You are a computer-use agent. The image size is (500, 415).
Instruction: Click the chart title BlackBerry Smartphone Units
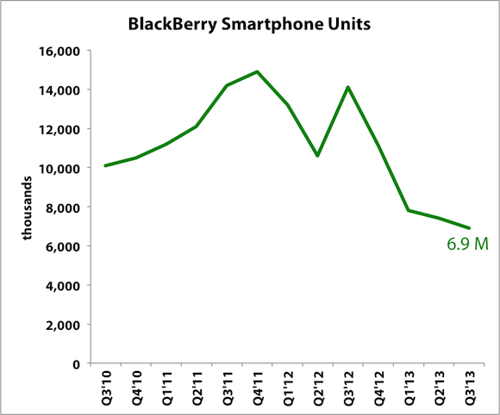pyautogui.click(x=250, y=23)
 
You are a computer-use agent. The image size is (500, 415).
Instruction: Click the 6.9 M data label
pyautogui.click(x=468, y=245)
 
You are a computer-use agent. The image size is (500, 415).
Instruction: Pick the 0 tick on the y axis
pyautogui.click(x=77, y=363)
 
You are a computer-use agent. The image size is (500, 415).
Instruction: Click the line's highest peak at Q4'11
pyautogui.click(x=257, y=71)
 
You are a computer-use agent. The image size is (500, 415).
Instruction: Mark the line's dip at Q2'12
pyautogui.click(x=318, y=156)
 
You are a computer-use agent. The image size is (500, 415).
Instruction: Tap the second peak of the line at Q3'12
pyautogui.click(x=348, y=87)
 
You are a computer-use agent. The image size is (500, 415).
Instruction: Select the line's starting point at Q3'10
pyautogui.click(x=105, y=165)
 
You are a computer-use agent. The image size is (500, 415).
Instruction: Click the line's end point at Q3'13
pyautogui.click(x=469, y=228)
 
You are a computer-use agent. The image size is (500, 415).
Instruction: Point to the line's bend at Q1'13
pyautogui.click(x=409, y=210)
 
